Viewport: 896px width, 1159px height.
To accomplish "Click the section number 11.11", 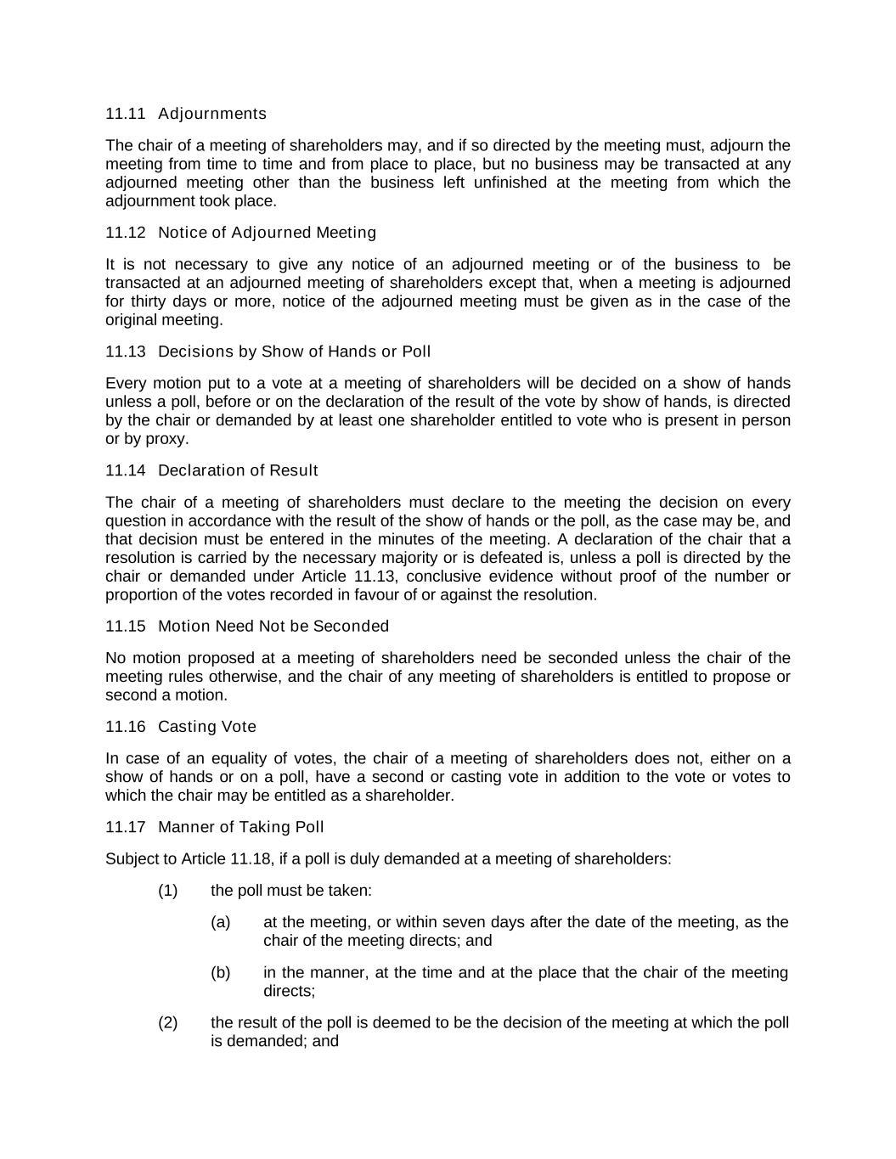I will [126, 114].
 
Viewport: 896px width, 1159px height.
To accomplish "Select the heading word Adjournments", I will [212, 114].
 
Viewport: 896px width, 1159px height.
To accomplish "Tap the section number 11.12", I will [126, 233].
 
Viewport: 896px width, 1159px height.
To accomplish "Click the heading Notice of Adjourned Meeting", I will [267, 233].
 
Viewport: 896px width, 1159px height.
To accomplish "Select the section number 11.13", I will [126, 352].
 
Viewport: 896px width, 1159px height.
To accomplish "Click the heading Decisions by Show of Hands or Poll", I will [294, 352].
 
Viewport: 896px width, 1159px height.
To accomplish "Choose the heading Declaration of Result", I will [238, 470].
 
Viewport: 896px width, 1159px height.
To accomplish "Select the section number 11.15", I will [126, 626].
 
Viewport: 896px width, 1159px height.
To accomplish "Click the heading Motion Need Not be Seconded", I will [273, 626].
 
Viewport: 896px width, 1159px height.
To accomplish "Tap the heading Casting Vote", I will [207, 727].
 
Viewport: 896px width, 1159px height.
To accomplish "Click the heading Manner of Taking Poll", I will [241, 827].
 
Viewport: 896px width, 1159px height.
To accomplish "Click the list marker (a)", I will [221, 922].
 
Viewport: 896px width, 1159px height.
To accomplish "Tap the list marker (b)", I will [221, 972].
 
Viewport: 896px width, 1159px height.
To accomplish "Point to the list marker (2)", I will [168, 1022].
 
